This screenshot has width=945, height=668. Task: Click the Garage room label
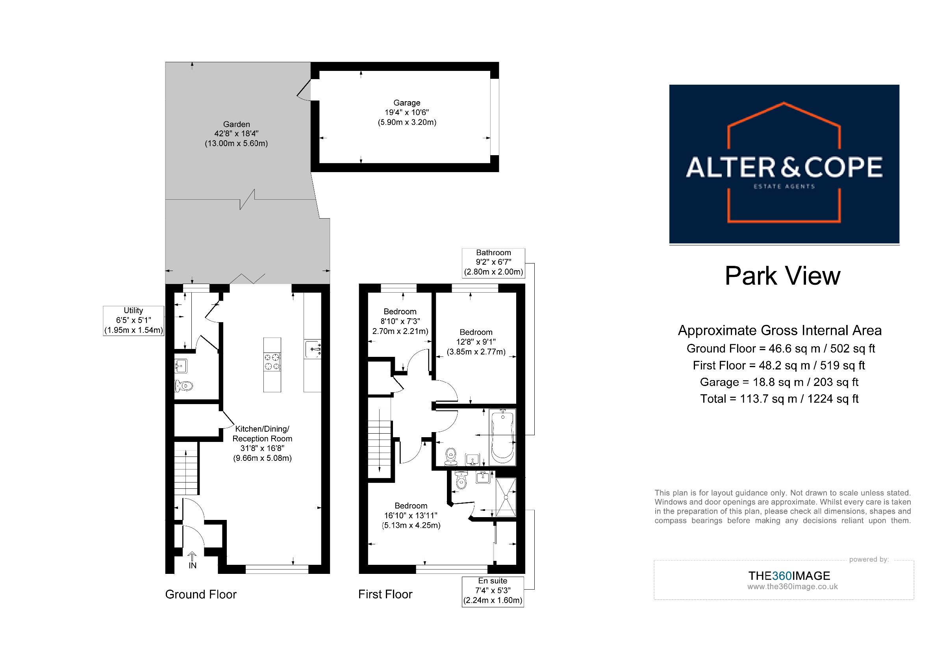coord(407,112)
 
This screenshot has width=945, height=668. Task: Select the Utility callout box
coord(133,321)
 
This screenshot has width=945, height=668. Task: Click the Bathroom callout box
coord(493,263)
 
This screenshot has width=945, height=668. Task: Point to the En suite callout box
coord(493,592)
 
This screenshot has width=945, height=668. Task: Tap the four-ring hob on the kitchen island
coord(272,362)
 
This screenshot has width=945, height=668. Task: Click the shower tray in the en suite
coord(506,497)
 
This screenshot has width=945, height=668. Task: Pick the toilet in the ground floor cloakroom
coord(183,386)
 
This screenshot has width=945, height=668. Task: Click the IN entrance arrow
coord(192,560)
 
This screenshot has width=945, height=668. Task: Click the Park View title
coord(782,276)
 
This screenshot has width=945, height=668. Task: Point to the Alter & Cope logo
coord(784,164)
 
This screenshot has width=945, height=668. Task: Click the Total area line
coord(780,399)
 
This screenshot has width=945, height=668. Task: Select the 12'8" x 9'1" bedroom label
coord(476,342)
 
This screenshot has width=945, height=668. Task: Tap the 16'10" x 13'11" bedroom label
coord(411,515)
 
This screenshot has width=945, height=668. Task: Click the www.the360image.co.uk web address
coord(792,587)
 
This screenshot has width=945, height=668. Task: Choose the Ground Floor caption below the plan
coord(201,594)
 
